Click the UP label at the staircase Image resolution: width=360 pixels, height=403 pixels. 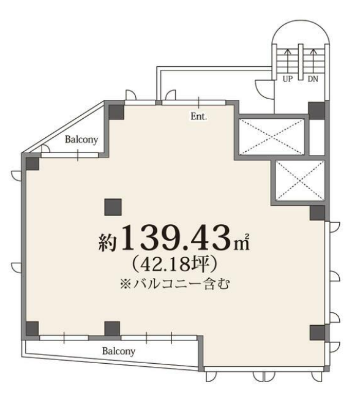288,79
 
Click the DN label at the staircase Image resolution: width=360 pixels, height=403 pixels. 313,79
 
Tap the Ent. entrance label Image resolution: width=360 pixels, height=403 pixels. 198,116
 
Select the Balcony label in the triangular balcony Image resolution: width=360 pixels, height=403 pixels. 81,140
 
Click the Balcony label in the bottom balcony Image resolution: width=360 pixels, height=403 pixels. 118,351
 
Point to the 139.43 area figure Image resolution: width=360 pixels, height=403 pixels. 176,238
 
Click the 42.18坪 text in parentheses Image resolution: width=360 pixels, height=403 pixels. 174,264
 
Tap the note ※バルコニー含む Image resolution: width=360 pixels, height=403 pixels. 174,284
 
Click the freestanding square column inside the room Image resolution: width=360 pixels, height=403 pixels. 113,207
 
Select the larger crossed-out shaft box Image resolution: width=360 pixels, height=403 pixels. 272,137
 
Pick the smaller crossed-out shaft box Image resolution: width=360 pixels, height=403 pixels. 300,180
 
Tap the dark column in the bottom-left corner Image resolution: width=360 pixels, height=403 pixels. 32,328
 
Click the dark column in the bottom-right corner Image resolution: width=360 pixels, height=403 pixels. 317,333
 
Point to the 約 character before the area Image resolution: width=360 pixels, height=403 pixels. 108,242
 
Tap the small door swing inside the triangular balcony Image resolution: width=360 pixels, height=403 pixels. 47,149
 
